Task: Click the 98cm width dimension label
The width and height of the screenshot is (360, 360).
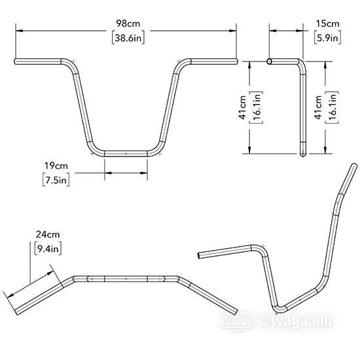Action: coord(128,24)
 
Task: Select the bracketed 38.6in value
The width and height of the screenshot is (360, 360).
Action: coord(128,38)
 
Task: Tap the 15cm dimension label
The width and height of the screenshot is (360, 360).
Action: coord(327,24)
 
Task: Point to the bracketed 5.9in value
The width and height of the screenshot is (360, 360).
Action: coord(328,38)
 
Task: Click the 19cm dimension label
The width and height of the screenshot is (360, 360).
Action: coord(56,166)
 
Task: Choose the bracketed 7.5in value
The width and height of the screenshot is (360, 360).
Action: coord(56,180)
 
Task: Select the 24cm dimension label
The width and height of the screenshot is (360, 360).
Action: coord(48,234)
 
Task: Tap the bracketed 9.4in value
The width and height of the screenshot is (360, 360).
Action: coord(48,249)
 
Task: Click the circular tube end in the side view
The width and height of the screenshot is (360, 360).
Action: coord(270,62)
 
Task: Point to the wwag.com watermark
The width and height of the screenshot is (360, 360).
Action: coord(276,321)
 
